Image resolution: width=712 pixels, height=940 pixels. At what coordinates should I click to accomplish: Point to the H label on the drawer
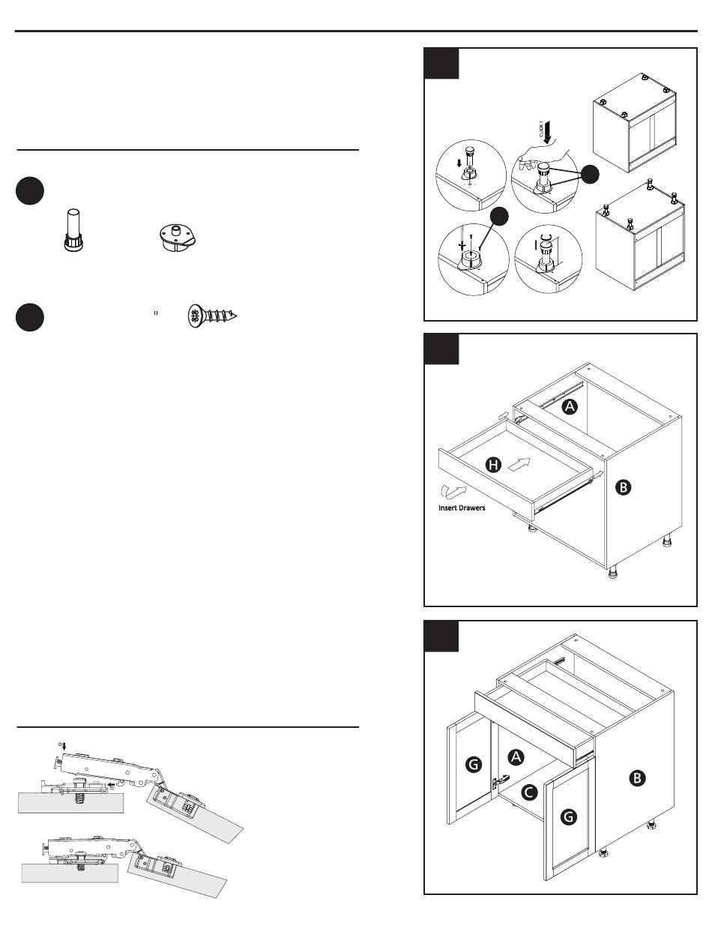pyautogui.click(x=493, y=466)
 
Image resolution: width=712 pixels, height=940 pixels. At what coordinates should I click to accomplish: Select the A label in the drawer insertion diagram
pyautogui.click(x=570, y=407)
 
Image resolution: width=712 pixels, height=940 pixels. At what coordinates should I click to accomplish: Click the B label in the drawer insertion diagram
pyautogui.click(x=624, y=487)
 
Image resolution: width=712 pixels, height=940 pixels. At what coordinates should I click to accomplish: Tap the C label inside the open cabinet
pyautogui.click(x=528, y=792)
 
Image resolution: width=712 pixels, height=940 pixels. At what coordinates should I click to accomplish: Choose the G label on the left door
pyautogui.click(x=473, y=765)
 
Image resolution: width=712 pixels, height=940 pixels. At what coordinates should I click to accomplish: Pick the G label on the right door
pyautogui.click(x=568, y=816)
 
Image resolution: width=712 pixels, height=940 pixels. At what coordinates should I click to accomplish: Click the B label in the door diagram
pyautogui.click(x=635, y=779)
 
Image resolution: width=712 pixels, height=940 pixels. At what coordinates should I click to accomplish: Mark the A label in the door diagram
pyautogui.click(x=515, y=757)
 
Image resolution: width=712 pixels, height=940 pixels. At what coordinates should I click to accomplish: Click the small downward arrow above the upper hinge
pyautogui.click(x=64, y=745)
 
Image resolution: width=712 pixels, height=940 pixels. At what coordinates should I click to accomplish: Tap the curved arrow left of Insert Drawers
pyautogui.click(x=454, y=490)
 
